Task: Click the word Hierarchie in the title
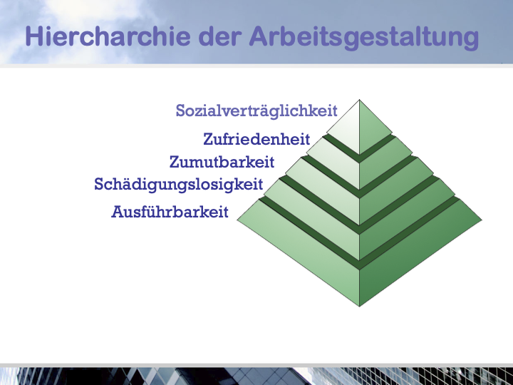click(x=108, y=36)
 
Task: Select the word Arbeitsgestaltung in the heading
click(x=364, y=38)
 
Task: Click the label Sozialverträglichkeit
click(x=256, y=111)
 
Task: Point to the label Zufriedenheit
click(x=256, y=139)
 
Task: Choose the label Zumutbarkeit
click(x=222, y=162)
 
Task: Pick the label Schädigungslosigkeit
click(x=179, y=185)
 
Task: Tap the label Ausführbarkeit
click(x=170, y=212)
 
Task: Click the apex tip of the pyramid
click(x=359, y=100)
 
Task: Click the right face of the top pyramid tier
click(x=371, y=131)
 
